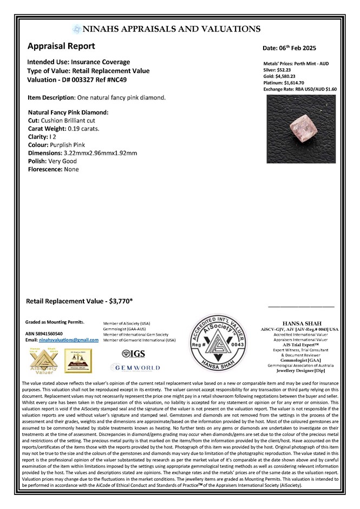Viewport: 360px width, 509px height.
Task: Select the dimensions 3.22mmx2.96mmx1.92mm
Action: [x=101, y=153]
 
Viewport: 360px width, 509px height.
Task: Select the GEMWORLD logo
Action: [x=135, y=367]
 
